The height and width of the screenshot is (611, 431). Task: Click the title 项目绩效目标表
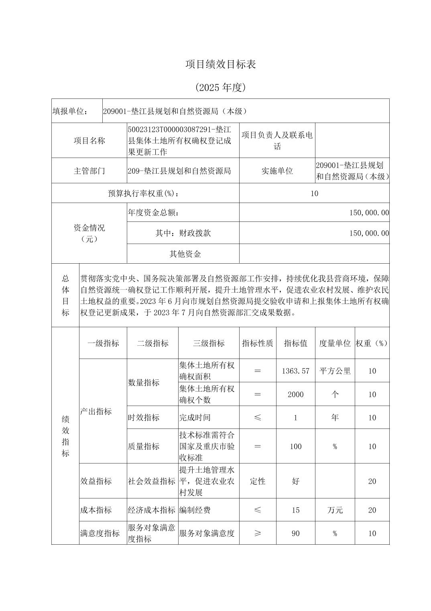click(220, 64)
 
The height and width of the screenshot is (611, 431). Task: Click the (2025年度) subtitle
click(220, 87)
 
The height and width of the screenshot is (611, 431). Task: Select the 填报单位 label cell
click(70, 111)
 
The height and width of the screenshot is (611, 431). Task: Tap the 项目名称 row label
click(89, 141)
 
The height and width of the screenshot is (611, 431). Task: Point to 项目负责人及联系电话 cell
click(277, 141)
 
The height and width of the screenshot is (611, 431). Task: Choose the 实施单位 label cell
click(277, 171)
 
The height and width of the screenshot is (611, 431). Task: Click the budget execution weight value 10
click(314, 194)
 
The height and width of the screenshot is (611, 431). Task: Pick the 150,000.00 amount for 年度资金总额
click(369, 213)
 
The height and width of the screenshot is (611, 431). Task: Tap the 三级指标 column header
click(209, 343)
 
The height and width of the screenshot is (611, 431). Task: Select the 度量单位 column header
click(335, 343)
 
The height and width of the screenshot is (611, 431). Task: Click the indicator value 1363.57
click(295, 371)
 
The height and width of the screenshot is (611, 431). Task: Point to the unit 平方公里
click(335, 371)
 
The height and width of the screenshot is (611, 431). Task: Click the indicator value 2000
click(295, 394)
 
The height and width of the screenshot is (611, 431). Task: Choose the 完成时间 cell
click(195, 418)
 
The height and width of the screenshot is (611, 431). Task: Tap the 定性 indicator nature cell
click(257, 481)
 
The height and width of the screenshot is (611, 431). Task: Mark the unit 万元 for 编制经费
click(335, 510)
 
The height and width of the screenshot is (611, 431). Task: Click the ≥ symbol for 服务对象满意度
click(257, 533)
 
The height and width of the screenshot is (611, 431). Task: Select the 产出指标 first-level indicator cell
click(96, 411)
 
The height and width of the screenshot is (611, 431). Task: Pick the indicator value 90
click(295, 533)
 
